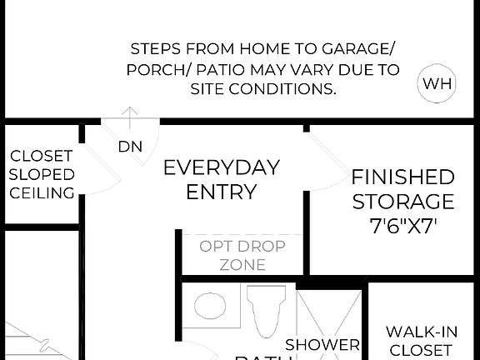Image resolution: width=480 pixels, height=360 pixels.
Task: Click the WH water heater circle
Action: pyautogui.click(x=437, y=83)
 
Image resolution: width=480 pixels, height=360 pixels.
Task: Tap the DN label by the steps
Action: pyautogui.click(x=130, y=147)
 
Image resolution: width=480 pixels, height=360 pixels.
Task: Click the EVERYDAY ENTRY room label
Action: pyautogui.click(x=221, y=179)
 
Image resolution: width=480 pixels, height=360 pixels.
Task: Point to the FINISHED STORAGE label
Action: pyautogui.click(x=402, y=189)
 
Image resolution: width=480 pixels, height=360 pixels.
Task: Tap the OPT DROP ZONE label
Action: pyautogui.click(x=242, y=256)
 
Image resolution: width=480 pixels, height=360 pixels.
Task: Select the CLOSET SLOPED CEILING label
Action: pyautogui.click(x=42, y=174)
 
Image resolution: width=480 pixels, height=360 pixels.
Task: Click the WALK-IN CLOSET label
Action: pyautogui.click(x=421, y=341)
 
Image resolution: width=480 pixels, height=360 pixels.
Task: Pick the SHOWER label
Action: pyautogui.click(x=322, y=344)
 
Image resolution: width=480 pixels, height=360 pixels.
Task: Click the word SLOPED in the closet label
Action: pyautogui.click(x=42, y=174)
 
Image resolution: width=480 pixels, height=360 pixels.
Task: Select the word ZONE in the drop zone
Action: pyautogui.click(x=242, y=266)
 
